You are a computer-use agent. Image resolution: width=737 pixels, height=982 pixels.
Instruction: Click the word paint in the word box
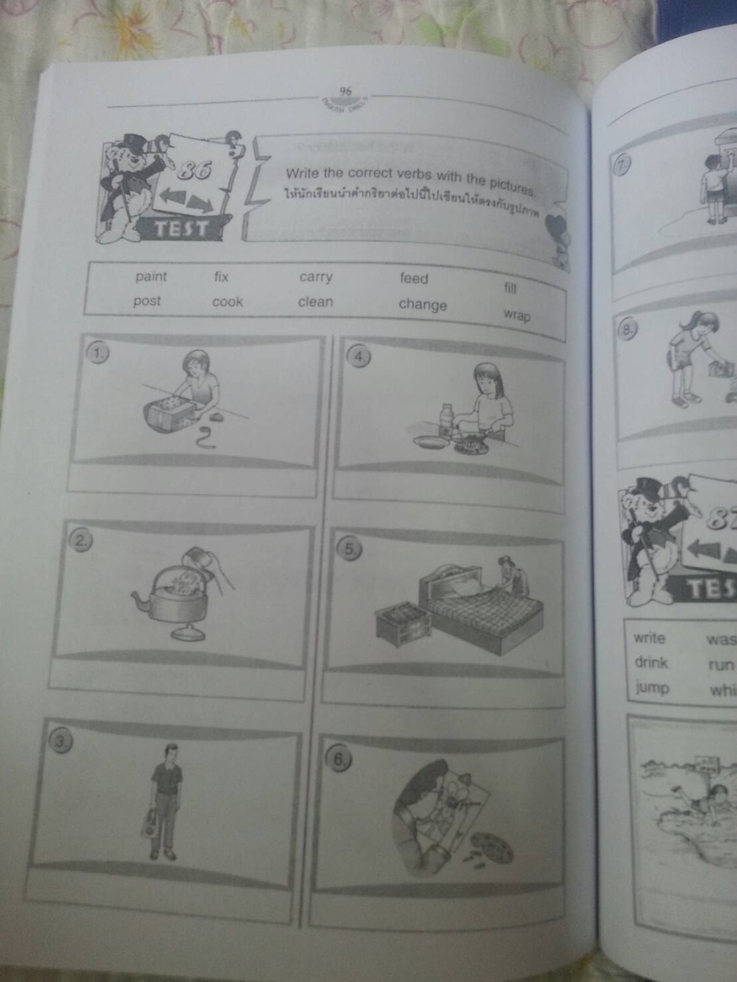[151, 277]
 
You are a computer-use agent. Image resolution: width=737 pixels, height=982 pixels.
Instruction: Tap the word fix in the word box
[221, 277]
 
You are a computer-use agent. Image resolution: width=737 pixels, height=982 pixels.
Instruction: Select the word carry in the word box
[315, 277]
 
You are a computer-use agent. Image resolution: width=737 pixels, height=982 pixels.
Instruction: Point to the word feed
[414, 279]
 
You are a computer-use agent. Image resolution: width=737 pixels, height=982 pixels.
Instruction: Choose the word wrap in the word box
[517, 314]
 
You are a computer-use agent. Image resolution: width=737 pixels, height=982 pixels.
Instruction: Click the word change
[422, 305]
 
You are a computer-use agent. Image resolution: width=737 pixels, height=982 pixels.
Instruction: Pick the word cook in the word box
[227, 302]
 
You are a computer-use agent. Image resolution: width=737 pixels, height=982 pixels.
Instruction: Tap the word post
[147, 301]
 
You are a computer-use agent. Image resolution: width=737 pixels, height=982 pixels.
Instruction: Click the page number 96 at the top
[345, 91]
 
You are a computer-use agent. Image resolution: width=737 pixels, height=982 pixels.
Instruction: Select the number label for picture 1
[98, 354]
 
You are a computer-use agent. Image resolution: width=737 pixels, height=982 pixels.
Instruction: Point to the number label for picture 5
[351, 549]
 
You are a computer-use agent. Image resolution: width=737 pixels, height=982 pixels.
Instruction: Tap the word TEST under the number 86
[180, 230]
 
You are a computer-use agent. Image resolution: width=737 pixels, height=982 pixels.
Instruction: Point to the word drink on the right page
[651, 663]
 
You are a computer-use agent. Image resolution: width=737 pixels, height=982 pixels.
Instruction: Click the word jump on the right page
[652, 687]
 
